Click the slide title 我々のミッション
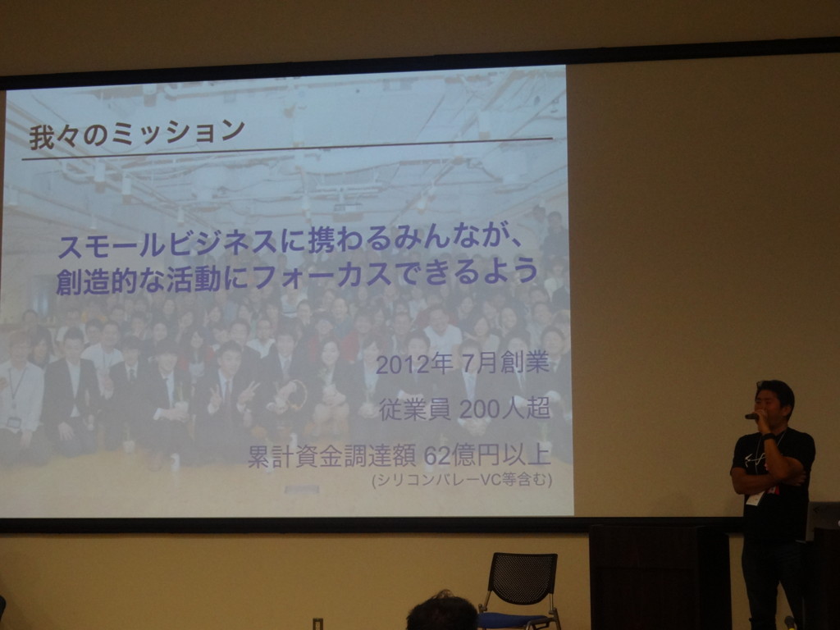click(x=137, y=133)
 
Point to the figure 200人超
click(x=504, y=409)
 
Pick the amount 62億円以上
click(x=487, y=455)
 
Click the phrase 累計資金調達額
click(x=331, y=457)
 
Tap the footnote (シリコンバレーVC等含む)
click(x=462, y=479)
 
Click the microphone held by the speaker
click(x=751, y=416)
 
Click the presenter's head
click(x=774, y=403)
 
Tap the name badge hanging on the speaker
click(x=754, y=499)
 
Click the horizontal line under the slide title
click(x=287, y=149)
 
